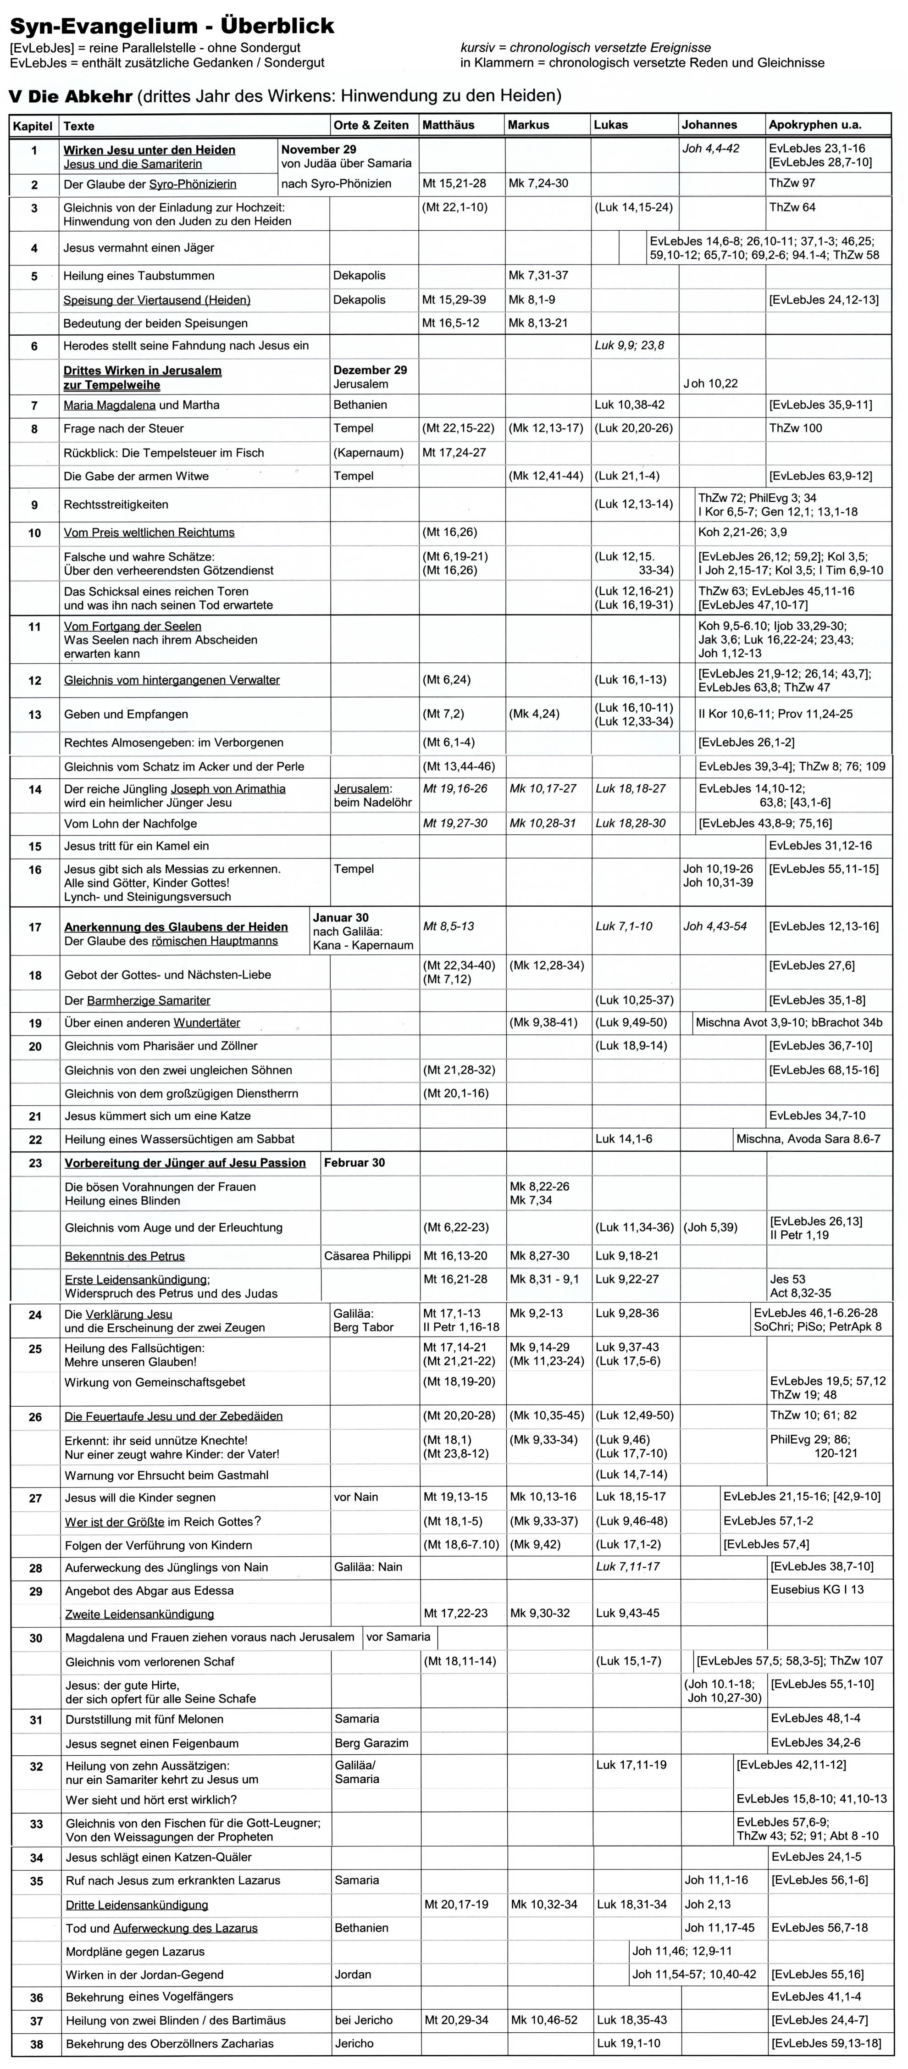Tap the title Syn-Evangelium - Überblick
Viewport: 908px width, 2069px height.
point(172,27)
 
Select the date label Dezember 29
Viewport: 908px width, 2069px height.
point(370,370)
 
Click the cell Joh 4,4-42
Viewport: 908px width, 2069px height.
point(710,149)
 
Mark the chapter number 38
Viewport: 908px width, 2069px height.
point(36,2044)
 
